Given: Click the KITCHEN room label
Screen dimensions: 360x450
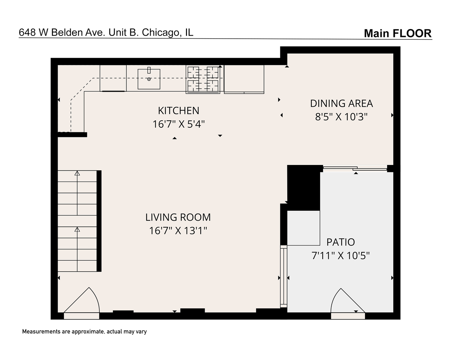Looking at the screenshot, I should click(178, 110).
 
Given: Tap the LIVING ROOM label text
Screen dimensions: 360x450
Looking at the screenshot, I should click(178, 217).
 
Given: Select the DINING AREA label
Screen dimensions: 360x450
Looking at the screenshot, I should click(341, 103).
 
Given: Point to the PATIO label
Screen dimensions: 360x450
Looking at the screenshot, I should click(340, 242).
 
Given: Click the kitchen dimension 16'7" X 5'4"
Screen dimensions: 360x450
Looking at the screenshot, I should click(178, 124).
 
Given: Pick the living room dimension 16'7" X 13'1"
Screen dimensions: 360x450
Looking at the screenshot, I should click(178, 230).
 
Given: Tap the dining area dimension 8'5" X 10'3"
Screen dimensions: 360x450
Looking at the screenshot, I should click(341, 117).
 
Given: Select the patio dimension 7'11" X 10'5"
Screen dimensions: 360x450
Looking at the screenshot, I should click(340, 256).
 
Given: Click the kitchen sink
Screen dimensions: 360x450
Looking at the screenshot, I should click(149, 79).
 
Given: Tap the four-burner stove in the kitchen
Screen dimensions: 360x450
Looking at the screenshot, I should click(203, 79).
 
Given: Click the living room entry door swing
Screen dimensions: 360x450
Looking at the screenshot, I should click(82, 302).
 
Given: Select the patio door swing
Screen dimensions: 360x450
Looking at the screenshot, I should click(347, 302).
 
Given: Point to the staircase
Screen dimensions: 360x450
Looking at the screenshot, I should click(77, 221).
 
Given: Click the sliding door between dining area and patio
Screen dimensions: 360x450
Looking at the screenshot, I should click(355, 169).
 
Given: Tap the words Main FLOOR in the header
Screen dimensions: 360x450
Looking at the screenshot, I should click(397, 33).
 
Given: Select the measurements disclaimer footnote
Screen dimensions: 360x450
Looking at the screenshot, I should click(84, 332).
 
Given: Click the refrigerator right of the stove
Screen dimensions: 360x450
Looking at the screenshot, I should click(244, 79).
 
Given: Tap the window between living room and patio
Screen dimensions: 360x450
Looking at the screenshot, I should click(283, 276).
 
